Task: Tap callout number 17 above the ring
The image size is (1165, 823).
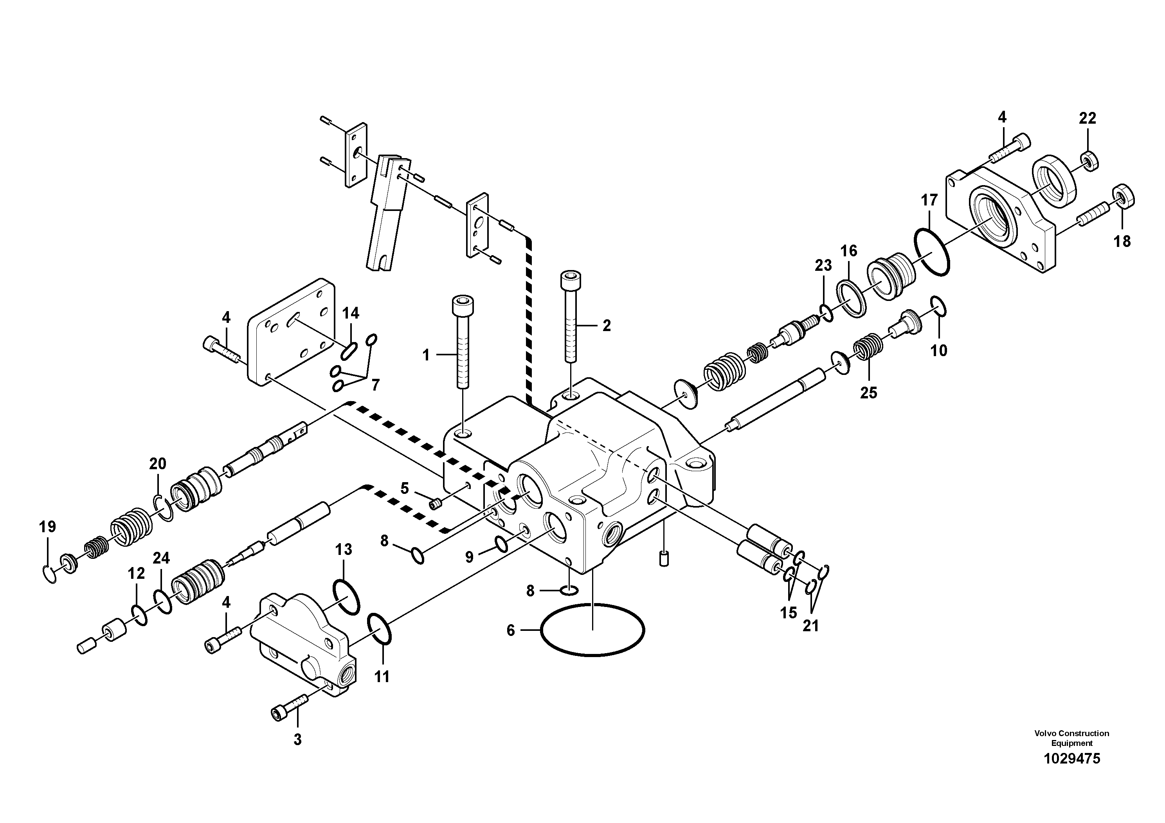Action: [x=929, y=200]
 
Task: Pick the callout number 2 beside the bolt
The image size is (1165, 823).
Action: [x=606, y=326]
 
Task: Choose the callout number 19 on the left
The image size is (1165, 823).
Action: [x=47, y=527]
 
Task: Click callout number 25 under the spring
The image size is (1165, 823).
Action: [x=868, y=393]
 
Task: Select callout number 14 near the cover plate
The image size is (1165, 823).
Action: [x=351, y=313]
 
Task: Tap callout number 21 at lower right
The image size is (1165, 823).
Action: [x=810, y=626]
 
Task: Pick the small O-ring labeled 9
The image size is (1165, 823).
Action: [x=500, y=544]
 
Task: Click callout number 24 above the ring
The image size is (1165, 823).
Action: [x=161, y=558]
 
